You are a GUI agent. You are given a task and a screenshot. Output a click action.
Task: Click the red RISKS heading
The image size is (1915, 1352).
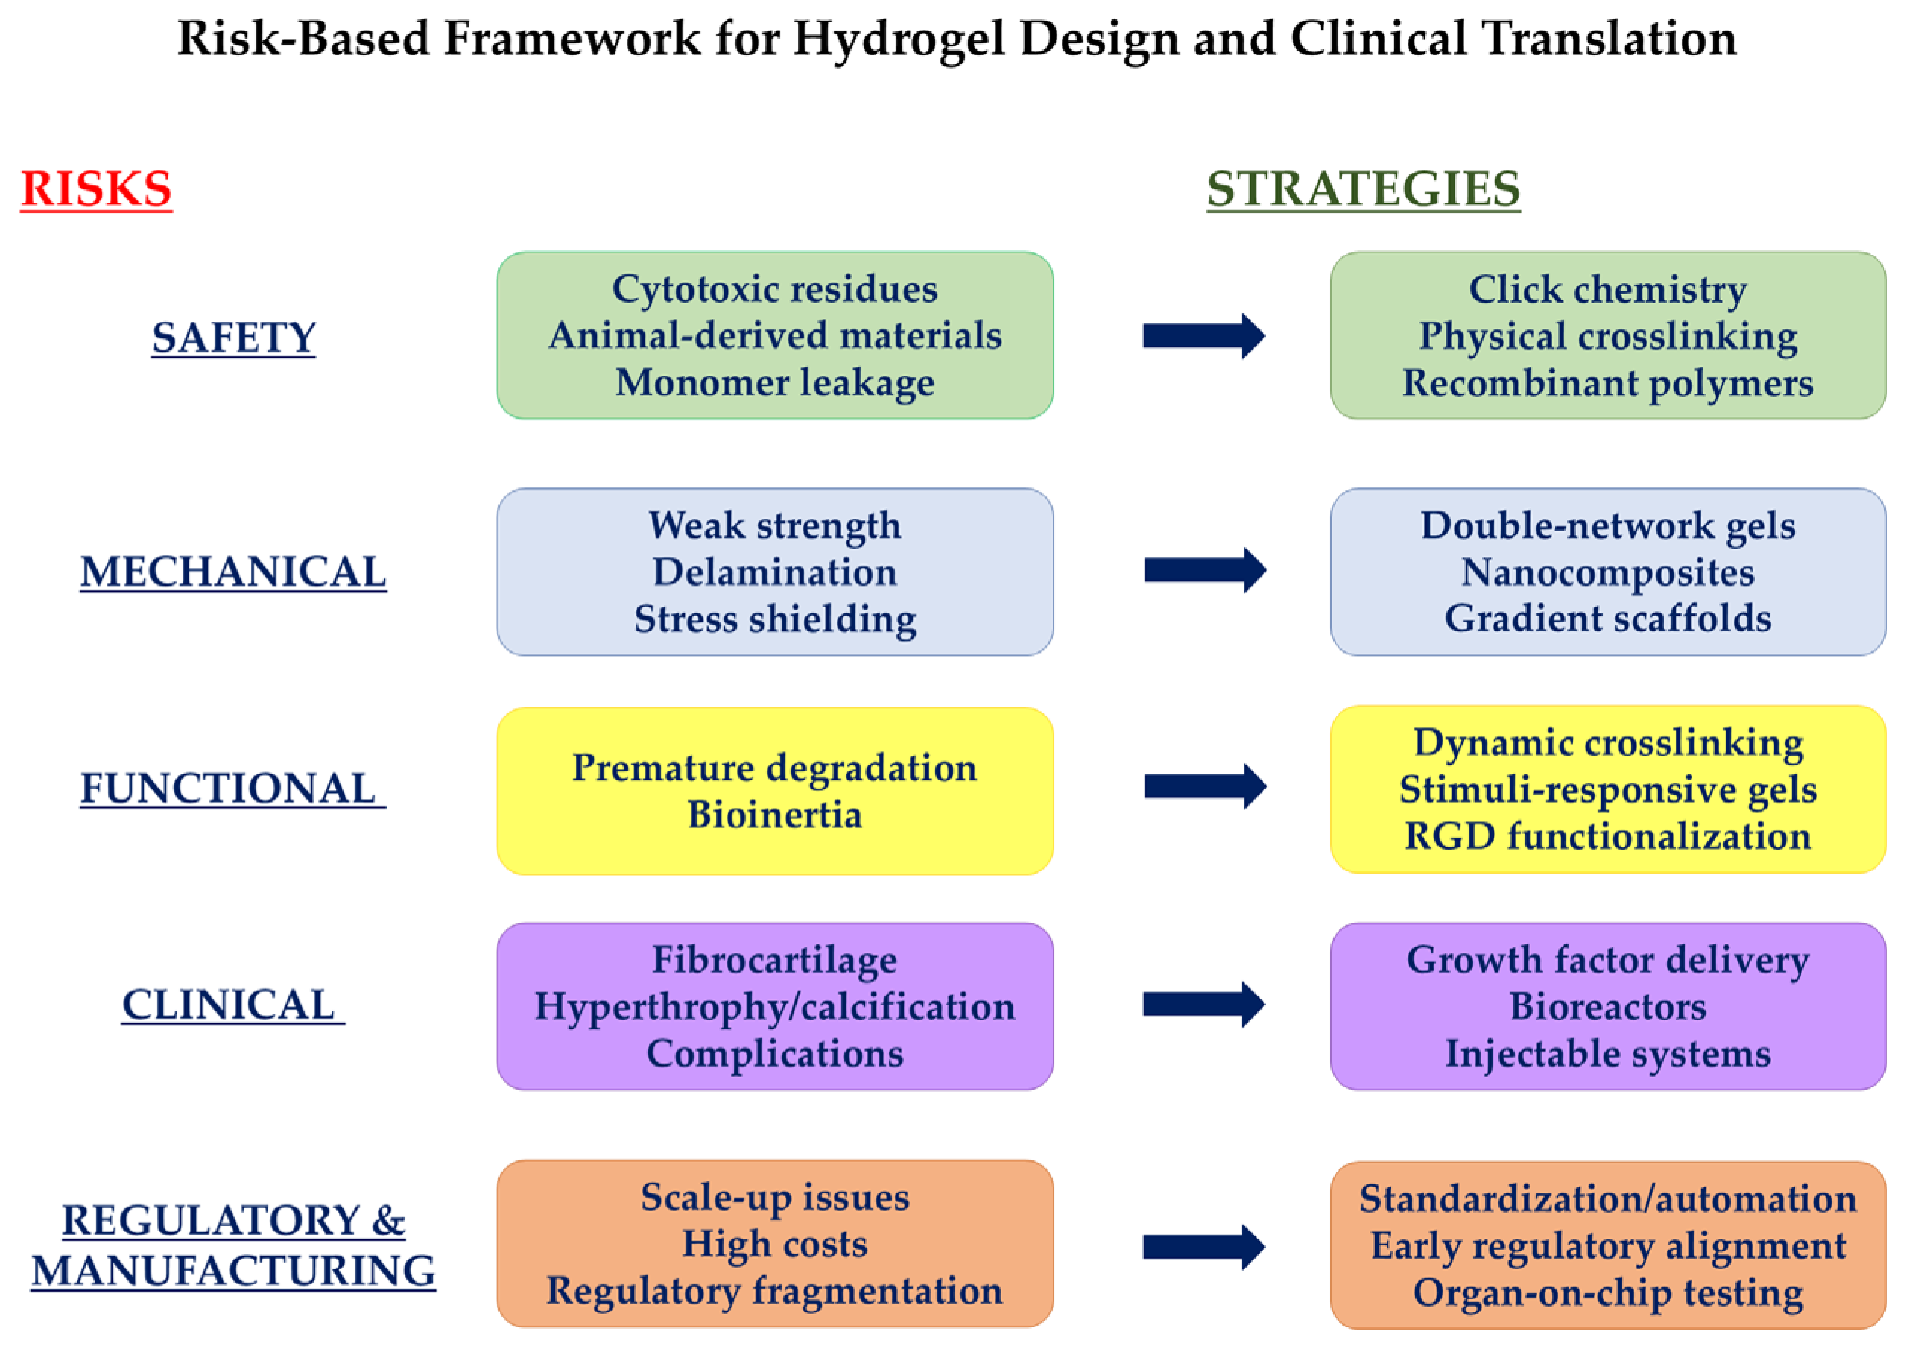coord(96,189)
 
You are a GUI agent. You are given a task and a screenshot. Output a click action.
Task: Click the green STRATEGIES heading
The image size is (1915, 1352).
coord(1364,189)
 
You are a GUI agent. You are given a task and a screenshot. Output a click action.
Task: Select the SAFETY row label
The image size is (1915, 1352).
coord(233,338)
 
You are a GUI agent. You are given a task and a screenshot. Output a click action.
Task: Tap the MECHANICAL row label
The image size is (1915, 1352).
coord(233,572)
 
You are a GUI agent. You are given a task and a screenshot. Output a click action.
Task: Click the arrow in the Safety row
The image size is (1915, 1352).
coord(1204,336)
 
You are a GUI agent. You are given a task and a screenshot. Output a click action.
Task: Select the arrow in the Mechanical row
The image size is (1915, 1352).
coord(1205,570)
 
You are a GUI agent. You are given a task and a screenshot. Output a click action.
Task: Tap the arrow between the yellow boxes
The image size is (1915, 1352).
coord(1205,786)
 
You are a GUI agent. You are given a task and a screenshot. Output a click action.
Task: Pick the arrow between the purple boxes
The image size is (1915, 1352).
coord(1204,1005)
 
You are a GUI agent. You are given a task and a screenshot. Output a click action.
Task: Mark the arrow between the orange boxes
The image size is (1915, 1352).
coord(1204,1248)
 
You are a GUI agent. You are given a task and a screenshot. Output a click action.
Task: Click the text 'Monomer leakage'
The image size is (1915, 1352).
coord(775,384)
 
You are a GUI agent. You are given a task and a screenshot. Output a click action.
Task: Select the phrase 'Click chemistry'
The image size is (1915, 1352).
coord(1608,290)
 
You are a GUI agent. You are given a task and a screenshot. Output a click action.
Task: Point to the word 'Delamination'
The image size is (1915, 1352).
coord(775,572)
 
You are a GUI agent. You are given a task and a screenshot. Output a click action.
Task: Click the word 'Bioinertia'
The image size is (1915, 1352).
coord(775,814)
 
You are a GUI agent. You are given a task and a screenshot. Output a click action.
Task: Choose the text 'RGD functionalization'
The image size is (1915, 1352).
coord(1608,836)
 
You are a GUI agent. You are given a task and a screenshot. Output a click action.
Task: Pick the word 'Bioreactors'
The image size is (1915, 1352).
coord(1608,1007)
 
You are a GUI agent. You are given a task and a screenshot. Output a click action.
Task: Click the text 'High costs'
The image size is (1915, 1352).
coord(775,1245)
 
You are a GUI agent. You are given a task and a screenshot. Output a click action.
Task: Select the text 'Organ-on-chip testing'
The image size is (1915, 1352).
coord(1608,1294)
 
